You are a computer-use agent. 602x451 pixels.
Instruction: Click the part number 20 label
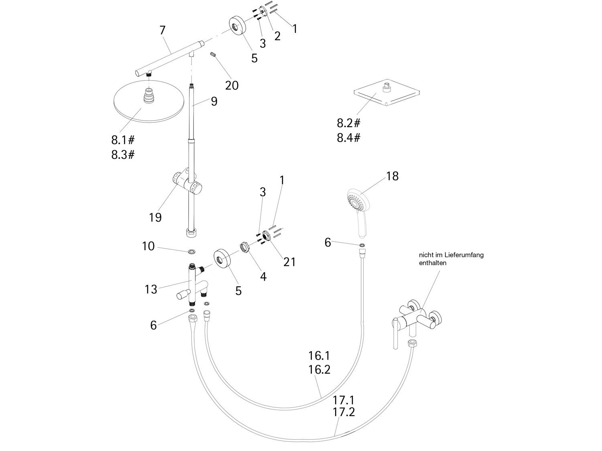pyautogui.click(x=232, y=85)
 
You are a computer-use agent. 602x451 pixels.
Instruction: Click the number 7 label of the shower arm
pyautogui.click(x=162, y=30)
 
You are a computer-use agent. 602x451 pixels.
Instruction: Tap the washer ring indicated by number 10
pyautogui.click(x=193, y=251)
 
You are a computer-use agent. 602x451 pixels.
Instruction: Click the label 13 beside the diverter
pyautogui.click(x=151, y=289)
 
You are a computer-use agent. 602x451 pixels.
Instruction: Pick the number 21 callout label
pyautogui.click(x=289, y=262)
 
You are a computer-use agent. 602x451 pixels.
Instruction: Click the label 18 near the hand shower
pyautogui.click(x=392, y=176)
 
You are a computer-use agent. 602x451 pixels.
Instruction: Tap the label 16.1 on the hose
pyautogui.click(x=319, y=356)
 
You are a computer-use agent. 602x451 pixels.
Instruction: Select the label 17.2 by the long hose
pyautogui.click(x=344, y=412)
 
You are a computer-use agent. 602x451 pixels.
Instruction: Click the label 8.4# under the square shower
pyautogui.click(x=348, y=138)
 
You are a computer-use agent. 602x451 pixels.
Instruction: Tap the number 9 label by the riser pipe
pyautogui.click(x=214, y=101)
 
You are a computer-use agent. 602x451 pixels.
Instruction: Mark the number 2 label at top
pyautogui.click(x=277, y=36)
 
